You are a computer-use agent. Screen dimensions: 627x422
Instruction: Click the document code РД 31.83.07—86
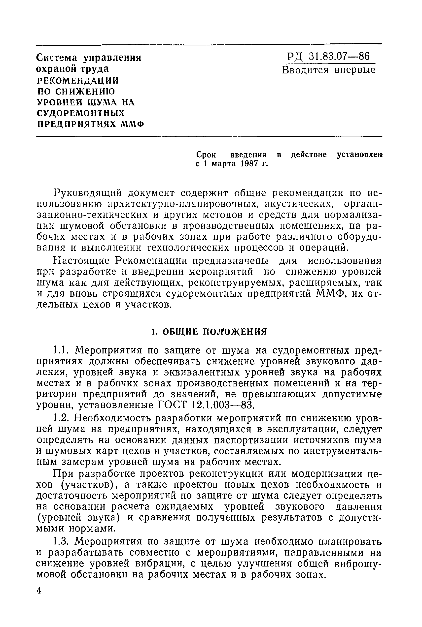(328, 57)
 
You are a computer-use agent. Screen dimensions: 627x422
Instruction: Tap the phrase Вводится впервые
(329, 70)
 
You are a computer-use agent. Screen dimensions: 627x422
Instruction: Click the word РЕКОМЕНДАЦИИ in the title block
(77, 81)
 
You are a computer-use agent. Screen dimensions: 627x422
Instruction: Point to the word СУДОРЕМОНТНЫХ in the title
(81, 113)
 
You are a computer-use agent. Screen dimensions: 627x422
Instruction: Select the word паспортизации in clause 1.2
(249, 440)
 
